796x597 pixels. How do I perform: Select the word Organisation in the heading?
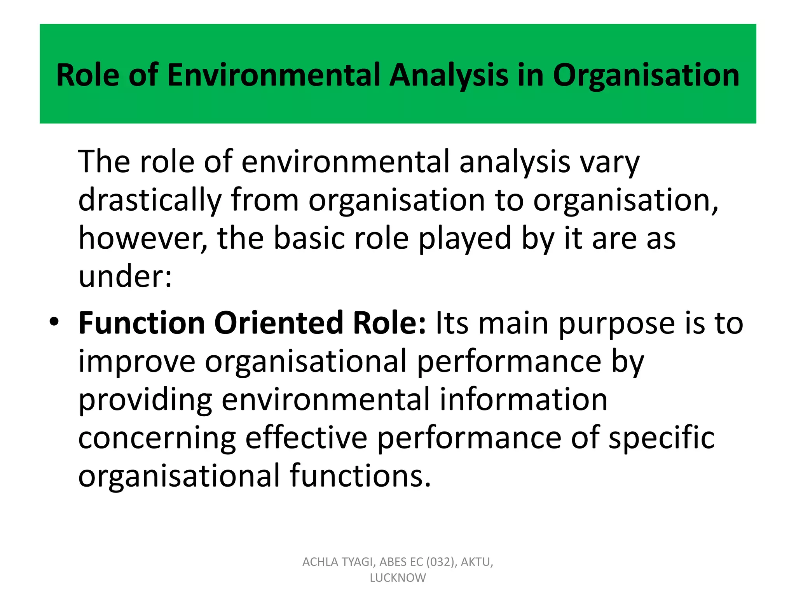tap(646, 75)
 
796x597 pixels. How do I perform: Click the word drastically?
tap(150, 201)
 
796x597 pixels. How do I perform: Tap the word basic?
tap(309, 239)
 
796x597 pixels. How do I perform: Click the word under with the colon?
tap(124, 277)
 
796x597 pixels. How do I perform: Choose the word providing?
tap(145, 400)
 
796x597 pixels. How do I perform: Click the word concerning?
tap(157, 438)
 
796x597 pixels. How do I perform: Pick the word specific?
tap(661, 438)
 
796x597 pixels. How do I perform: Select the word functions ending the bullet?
tap(360, 476)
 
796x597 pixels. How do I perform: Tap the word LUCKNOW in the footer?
tap(398, 578)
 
